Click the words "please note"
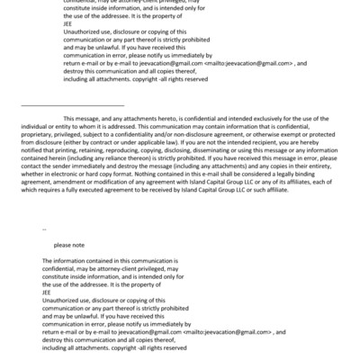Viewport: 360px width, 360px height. (x=68, y=245)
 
